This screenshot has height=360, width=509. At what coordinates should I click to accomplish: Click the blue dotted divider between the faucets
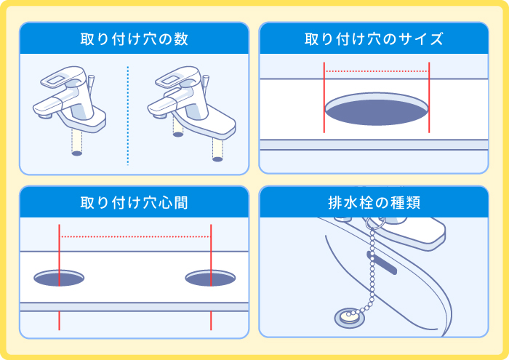[127, 116]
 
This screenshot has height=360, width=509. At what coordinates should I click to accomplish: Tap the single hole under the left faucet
[77, 153]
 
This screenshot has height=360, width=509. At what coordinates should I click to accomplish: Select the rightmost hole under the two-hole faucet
[217, 159]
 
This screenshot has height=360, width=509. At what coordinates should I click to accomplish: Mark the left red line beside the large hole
[324, 98]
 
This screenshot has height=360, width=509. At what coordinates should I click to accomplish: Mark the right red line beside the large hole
[430, 98]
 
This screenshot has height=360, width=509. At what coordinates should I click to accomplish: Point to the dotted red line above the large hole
[376, 71]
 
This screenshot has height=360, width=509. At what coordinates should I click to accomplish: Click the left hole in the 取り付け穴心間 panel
[59, 278]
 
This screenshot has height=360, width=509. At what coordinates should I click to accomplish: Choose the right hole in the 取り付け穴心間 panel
[210, 278]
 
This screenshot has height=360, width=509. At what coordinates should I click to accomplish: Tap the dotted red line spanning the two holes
[135, 236]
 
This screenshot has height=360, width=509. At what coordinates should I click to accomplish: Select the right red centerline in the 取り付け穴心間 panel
[211, 247]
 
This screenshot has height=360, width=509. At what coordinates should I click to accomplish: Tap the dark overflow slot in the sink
[382, 263]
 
